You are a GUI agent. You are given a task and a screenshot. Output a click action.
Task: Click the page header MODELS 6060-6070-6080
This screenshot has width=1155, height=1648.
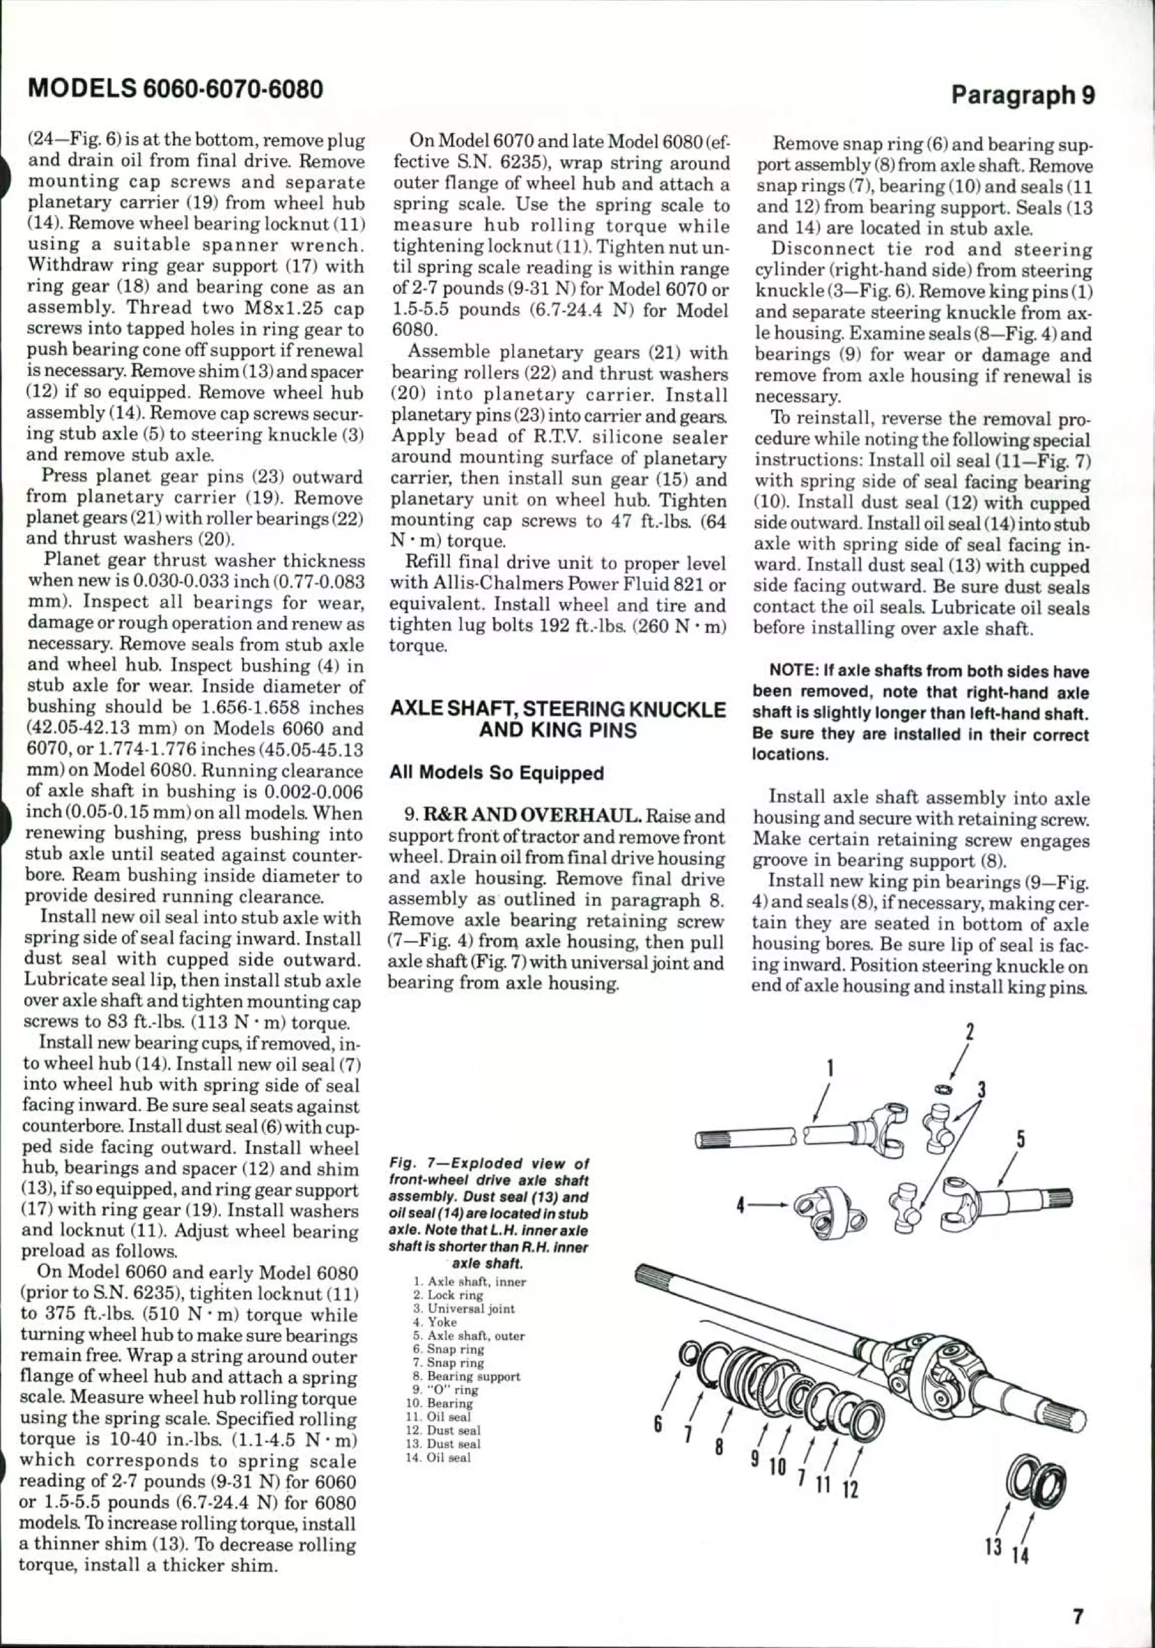174,89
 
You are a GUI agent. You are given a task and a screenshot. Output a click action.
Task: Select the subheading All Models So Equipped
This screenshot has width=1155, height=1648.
496,773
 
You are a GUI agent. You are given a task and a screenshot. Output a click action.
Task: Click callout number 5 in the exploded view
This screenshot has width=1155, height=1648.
1020,1140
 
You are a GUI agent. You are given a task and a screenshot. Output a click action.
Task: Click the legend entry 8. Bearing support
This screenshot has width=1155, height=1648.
463,1377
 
